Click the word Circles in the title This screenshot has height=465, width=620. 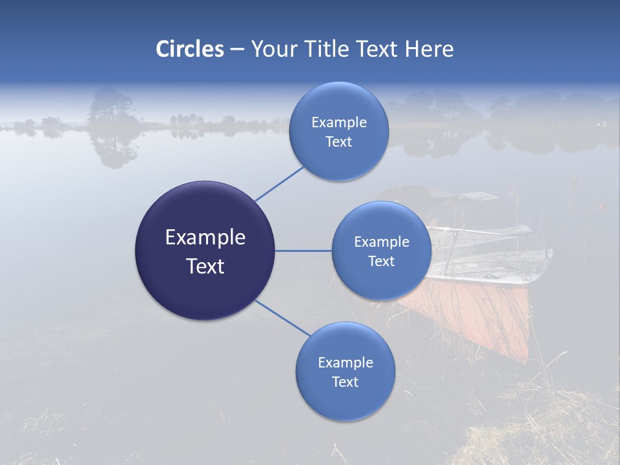[189, 49]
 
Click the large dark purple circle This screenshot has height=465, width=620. [205, 251]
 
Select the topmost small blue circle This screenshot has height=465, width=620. [338, 132]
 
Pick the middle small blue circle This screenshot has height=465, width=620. [381, 251]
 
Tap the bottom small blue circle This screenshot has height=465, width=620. [345, 372]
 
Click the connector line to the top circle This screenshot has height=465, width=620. [279, 183]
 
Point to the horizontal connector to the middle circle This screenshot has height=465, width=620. [303, 251]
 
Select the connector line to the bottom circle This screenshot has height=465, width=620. [282, 318]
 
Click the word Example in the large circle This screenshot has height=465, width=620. [205, 238]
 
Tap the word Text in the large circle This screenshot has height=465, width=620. [205, 266]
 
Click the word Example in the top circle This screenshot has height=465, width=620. [338, 122]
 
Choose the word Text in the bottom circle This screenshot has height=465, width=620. [345, 382]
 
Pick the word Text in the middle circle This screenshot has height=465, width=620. [381, 261]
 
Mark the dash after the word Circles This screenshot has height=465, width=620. [236, 50]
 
